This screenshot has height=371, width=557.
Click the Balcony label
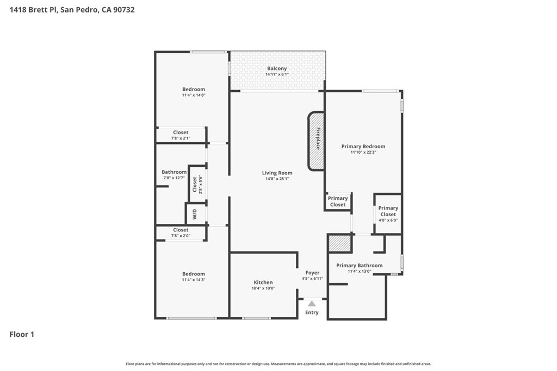277,68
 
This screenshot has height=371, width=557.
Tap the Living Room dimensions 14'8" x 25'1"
277,179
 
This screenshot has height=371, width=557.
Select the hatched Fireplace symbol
316,141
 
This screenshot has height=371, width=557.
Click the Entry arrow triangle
312,304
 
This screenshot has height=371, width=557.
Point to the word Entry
312,312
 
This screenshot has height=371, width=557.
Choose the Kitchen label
263,282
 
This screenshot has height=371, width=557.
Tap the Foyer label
313,273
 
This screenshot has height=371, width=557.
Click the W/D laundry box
196,213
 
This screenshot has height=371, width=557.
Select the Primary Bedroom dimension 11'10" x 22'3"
363,152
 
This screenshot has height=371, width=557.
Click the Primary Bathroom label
360,265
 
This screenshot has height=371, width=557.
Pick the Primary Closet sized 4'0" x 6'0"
388,214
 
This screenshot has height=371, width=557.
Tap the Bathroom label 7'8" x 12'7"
174,172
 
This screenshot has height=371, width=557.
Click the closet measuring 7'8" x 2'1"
181,135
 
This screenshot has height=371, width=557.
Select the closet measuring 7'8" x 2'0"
181,232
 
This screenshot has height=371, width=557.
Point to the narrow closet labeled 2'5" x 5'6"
197,184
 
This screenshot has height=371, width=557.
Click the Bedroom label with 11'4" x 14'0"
194,90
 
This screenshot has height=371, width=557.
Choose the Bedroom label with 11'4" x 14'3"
194,274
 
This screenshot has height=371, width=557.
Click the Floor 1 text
22,335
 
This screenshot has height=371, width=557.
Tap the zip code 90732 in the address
124,10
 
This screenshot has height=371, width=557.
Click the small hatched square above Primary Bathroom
340,243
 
